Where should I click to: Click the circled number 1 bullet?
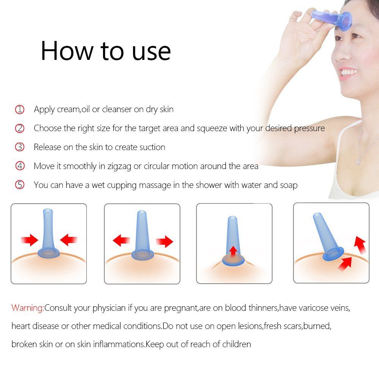tap(20, 110)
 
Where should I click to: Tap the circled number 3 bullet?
tap(20, 147)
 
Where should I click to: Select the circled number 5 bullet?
tap(20, 185)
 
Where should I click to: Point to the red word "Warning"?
tap(27, 308)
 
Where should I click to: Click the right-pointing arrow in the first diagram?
tap(30, 240)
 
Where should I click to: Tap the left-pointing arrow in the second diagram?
tap(121, 240)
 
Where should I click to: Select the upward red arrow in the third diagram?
tap(233, 252)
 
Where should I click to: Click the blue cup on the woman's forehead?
tap(333, 19)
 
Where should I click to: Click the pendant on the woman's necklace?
tap(359, 160)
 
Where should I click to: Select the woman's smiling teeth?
tap(349, 72)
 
